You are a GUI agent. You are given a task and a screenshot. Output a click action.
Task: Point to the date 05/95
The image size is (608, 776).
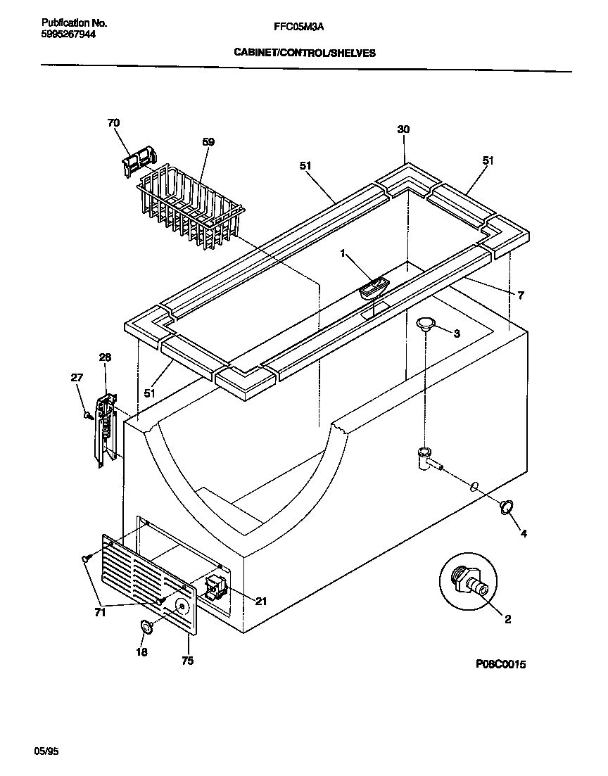[46, 752]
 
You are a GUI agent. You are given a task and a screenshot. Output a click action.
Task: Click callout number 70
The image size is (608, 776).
[113, 123]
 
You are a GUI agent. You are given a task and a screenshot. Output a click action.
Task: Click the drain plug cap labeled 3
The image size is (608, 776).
[426, 324]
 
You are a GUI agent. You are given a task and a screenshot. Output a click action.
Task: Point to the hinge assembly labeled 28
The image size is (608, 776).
[104, 429]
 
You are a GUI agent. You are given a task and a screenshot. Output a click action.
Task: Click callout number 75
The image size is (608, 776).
[187, 661]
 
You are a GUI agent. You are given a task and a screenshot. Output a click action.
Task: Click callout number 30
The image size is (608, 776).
[403, 129]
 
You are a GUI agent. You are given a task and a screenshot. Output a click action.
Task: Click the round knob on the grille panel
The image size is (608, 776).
[183, 607]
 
